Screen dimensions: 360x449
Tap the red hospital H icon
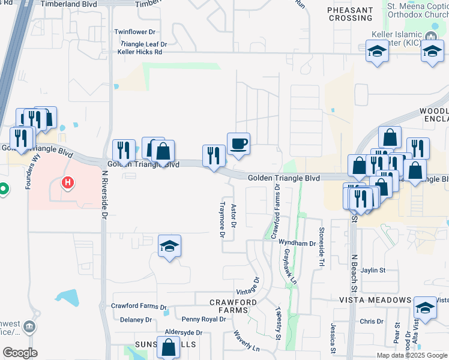coord(68,182)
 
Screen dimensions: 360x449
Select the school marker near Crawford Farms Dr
coord(170,246)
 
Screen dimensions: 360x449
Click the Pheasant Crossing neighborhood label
coord(351,14)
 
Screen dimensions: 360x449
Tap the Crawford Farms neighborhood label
coord(233,305)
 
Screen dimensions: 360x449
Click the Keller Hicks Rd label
coord(140,52)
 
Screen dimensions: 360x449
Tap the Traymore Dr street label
coord(221,219)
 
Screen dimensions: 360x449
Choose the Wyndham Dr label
coord(297,243)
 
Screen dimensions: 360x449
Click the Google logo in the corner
coord(20,353)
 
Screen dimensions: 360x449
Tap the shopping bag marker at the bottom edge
coord(169,347)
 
